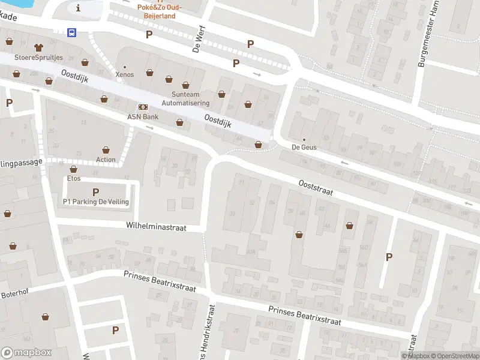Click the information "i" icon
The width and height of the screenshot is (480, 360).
(x=78, y=7)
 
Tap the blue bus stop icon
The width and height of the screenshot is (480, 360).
(x=72, y=32)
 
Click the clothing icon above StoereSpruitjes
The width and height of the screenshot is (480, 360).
(x=39, y=47)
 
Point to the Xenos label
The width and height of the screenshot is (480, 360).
(x=125, y=75)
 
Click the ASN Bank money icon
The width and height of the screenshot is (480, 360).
(x=143, y=106)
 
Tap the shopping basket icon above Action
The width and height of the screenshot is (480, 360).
(x=106, y=149)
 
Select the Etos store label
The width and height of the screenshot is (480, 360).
(x=73, y=179)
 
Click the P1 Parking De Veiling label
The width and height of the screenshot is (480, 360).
(x=96, y=202)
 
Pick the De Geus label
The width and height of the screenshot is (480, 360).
(x=304, y=147)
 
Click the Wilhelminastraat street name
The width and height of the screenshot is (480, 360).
(x=156, y=227)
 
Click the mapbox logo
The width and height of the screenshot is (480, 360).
(x=26, y=353)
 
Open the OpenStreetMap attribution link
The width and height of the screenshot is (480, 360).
(x=457, y=356)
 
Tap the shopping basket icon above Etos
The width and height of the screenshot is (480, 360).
(x=73, y=169)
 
